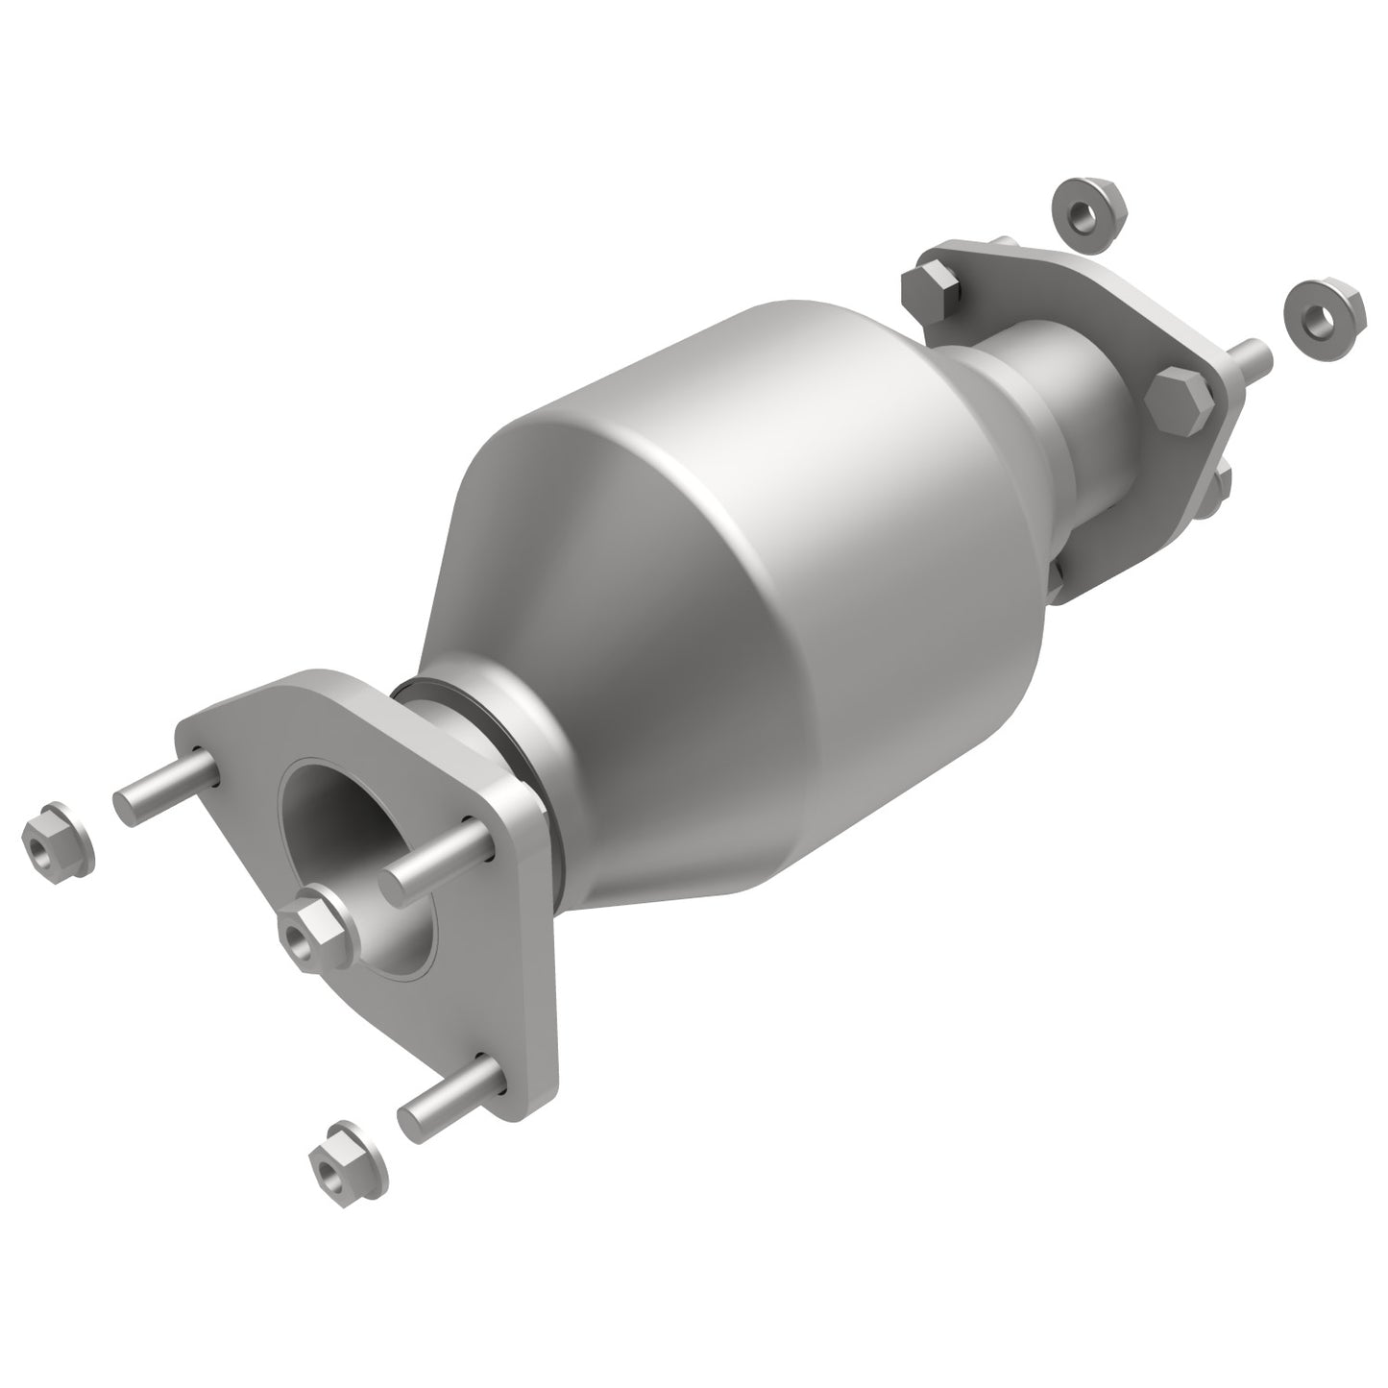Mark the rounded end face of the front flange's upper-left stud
[127, 808]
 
